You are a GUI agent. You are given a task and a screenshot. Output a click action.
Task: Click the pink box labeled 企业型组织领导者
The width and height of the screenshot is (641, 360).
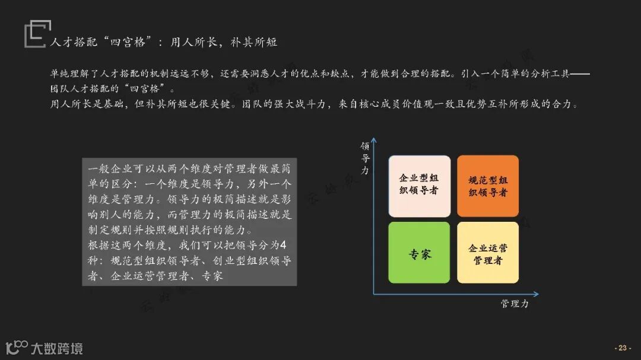[419, 186]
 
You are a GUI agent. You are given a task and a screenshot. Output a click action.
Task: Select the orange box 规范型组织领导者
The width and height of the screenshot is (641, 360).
[488, 186]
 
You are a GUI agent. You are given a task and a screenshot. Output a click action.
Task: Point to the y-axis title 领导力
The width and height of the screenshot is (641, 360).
[365, 158]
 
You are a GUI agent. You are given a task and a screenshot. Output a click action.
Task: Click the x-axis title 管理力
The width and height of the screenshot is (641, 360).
[514, 304]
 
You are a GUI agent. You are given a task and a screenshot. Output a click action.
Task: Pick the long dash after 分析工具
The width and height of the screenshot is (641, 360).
[580, 75]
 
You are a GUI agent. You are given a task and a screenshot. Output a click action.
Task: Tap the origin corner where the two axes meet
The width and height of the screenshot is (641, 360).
[374, 294]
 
